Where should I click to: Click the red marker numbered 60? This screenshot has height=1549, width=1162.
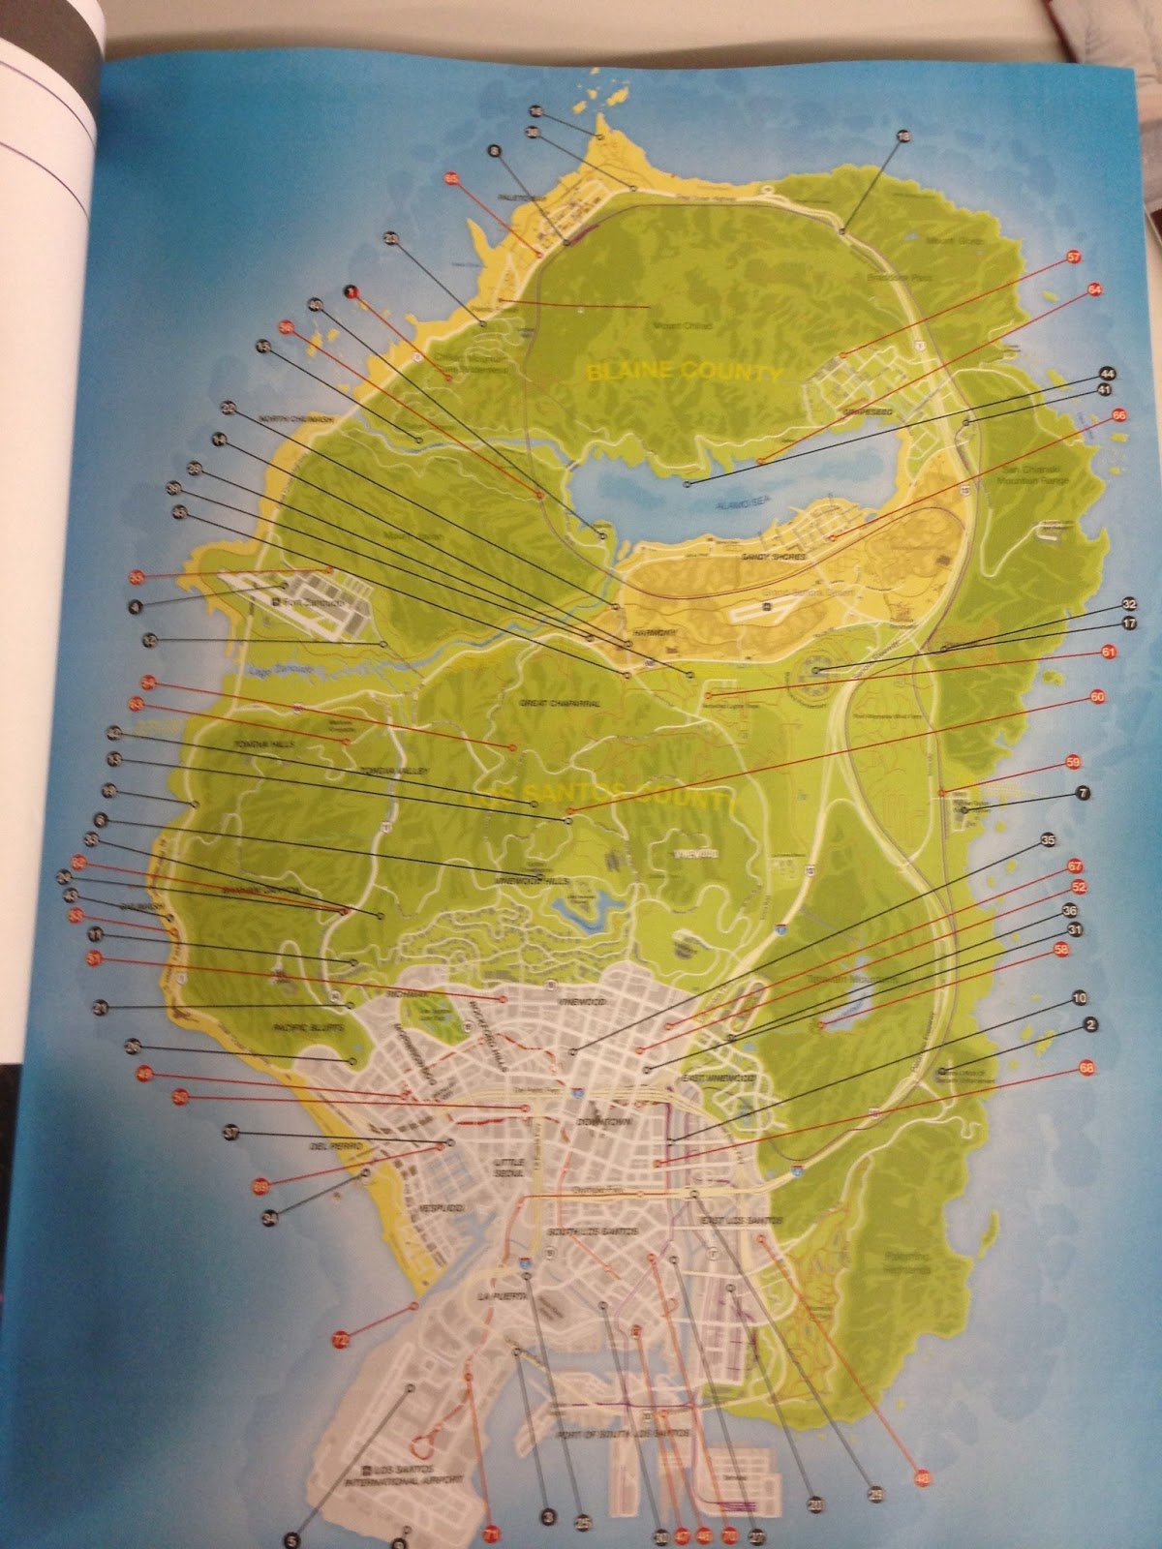click(1096, 696)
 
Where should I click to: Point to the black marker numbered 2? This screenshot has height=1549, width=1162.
click(1089, 1024)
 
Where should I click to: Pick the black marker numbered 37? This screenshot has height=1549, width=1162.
click(230, 1131)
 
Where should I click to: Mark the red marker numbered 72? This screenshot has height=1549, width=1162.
click(340, 1339)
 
